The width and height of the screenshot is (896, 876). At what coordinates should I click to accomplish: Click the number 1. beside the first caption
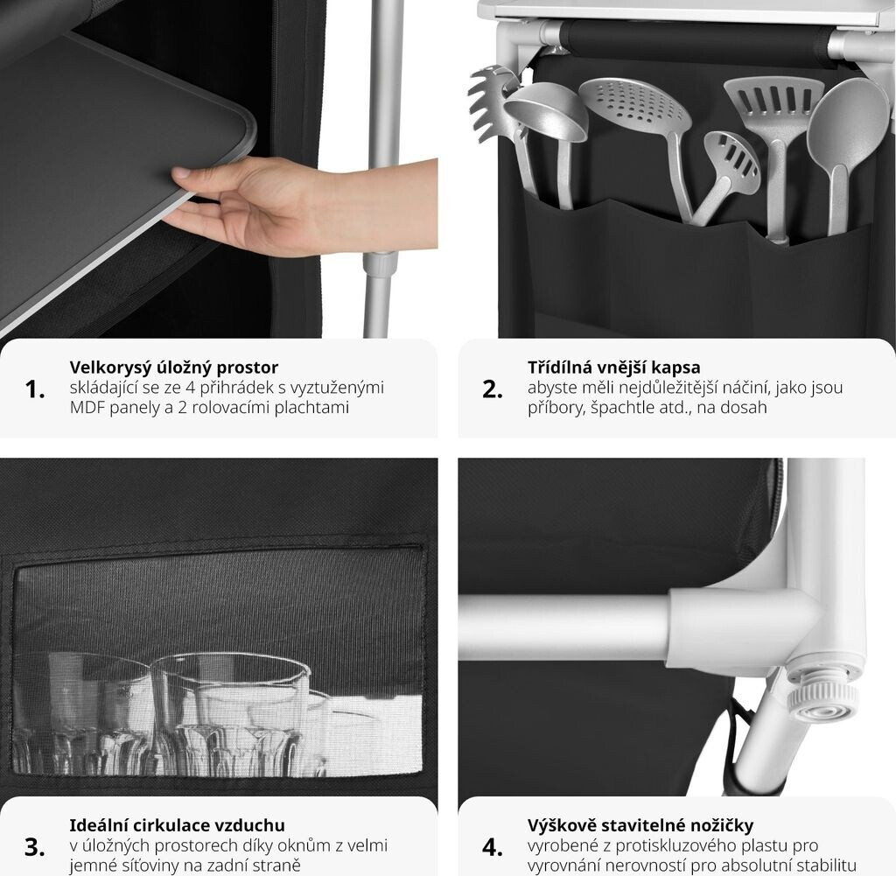[x=35, y=389]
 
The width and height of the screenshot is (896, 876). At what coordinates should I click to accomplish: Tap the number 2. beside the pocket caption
[x=493, y=389]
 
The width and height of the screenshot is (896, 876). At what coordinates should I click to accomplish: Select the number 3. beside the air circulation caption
[x=35, y=847]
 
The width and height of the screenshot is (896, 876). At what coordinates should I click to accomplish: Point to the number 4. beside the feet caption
[x=493, y=847]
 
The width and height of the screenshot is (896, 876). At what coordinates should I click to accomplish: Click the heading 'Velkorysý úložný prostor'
[x=174, y=368]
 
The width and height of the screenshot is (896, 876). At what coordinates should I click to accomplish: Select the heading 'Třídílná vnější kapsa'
[x=613, y=368]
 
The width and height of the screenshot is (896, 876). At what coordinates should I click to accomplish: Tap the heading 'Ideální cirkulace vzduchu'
[x=177, y=825]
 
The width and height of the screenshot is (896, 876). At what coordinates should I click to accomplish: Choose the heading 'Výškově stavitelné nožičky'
[x=640, y=825]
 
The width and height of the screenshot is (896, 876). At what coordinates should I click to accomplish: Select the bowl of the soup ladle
[x=546, y=111]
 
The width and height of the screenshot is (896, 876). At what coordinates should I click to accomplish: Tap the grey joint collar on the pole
[x=381, y=265]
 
